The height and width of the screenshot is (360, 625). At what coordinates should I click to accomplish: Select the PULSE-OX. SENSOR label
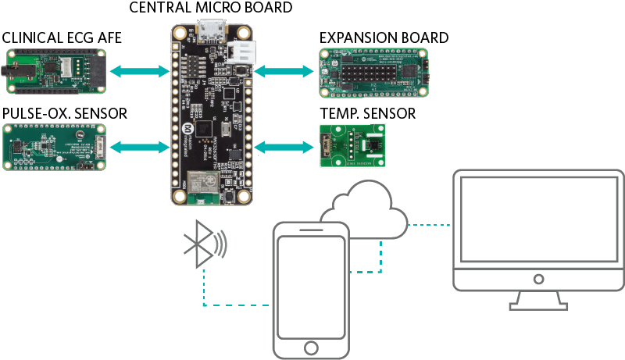click(65, 114)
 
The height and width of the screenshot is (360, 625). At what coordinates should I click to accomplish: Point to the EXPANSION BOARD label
click(384, 37)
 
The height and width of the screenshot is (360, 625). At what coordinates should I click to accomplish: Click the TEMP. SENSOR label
click(367, 114)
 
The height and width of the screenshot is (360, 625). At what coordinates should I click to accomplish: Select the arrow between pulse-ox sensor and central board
click(140, 146)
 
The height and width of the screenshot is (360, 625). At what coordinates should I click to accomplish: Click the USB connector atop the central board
click(208, 32)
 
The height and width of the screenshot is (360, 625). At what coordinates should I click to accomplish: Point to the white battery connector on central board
click(239, 52)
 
